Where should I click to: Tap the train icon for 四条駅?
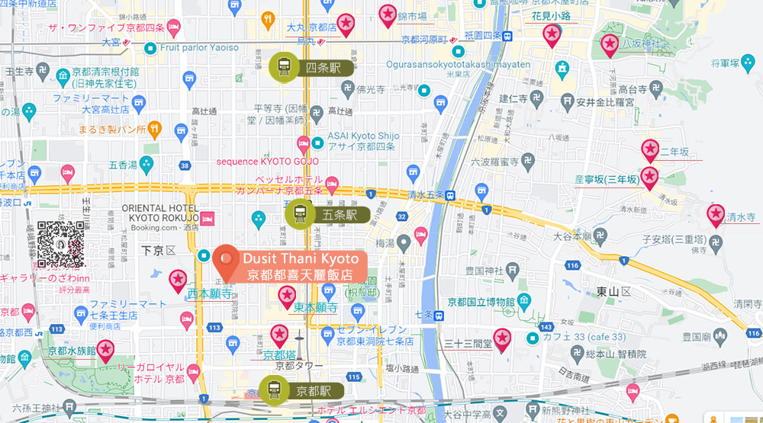click(284, 68)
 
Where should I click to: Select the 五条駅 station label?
click(340, 215)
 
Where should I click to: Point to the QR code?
click(60, 243)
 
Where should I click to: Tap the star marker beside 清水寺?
click(716, 215)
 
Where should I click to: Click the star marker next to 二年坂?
click(650, 149)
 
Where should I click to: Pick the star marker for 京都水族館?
click(105, 350)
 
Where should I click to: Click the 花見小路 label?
click(550, 15)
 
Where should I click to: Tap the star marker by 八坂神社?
click(609, 45)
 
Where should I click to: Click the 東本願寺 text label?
click(315, 308)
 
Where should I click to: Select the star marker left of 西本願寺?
click(179, 280)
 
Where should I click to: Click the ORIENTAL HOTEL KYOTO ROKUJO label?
click(159, 213)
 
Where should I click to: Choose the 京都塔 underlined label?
click(279, 354)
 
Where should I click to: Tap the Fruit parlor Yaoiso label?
click(199, 47)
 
